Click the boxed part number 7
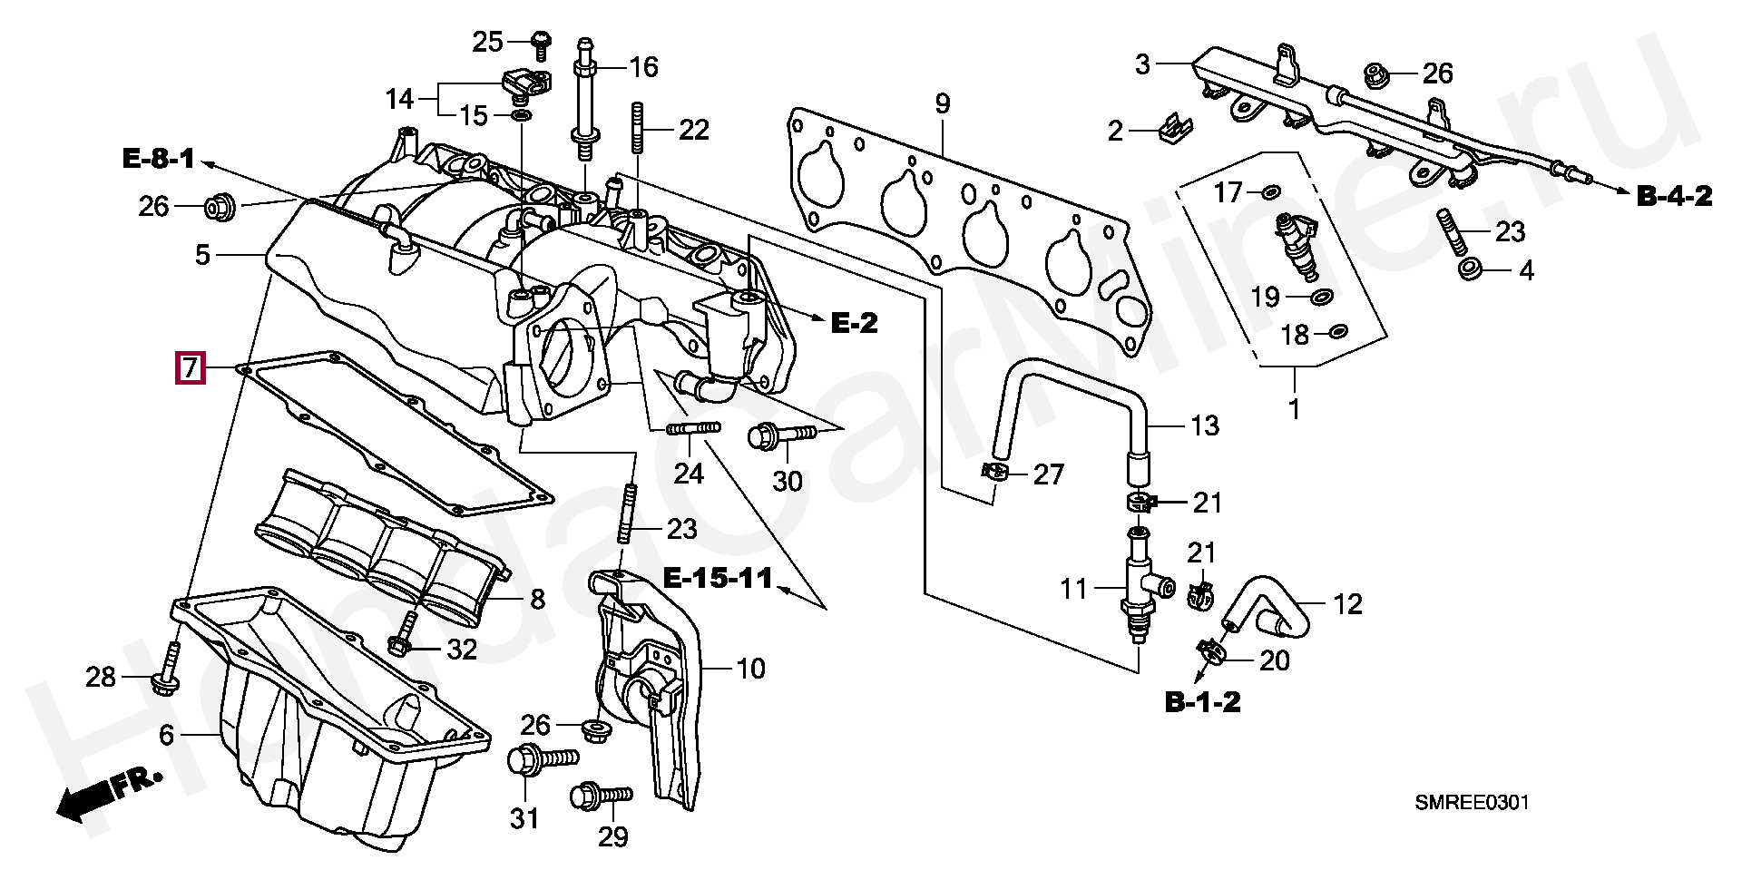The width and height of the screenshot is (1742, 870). point(191,367)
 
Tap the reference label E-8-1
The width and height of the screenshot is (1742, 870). point(159,160)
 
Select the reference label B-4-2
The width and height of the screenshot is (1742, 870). point(1674,195)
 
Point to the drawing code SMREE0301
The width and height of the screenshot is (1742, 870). point(1472,803)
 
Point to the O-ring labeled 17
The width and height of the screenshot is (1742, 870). point(1270,191)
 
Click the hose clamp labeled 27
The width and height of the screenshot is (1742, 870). point(996,472)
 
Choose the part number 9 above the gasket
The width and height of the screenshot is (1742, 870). point(942,103)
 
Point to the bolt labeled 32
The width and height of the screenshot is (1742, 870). point(405,635)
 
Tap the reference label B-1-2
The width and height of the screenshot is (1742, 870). point(1202,701)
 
